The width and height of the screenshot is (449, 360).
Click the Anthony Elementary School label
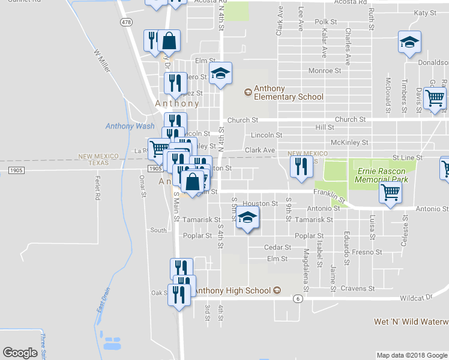click(288, 92)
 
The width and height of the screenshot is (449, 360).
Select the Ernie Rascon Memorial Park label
click(382, 175)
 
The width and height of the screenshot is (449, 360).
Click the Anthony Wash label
click(130, 126)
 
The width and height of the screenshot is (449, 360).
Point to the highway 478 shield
click(125, 22)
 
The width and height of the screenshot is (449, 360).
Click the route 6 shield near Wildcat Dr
click(297, 298)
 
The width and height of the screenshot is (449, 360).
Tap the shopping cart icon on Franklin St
click(390, 193)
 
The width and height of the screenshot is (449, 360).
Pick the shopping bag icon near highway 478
click(170, 41)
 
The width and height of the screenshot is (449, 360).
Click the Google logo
click(20, 353)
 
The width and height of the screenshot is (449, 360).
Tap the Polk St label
click(327, 22)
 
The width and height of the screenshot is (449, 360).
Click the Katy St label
click(424, 13)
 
